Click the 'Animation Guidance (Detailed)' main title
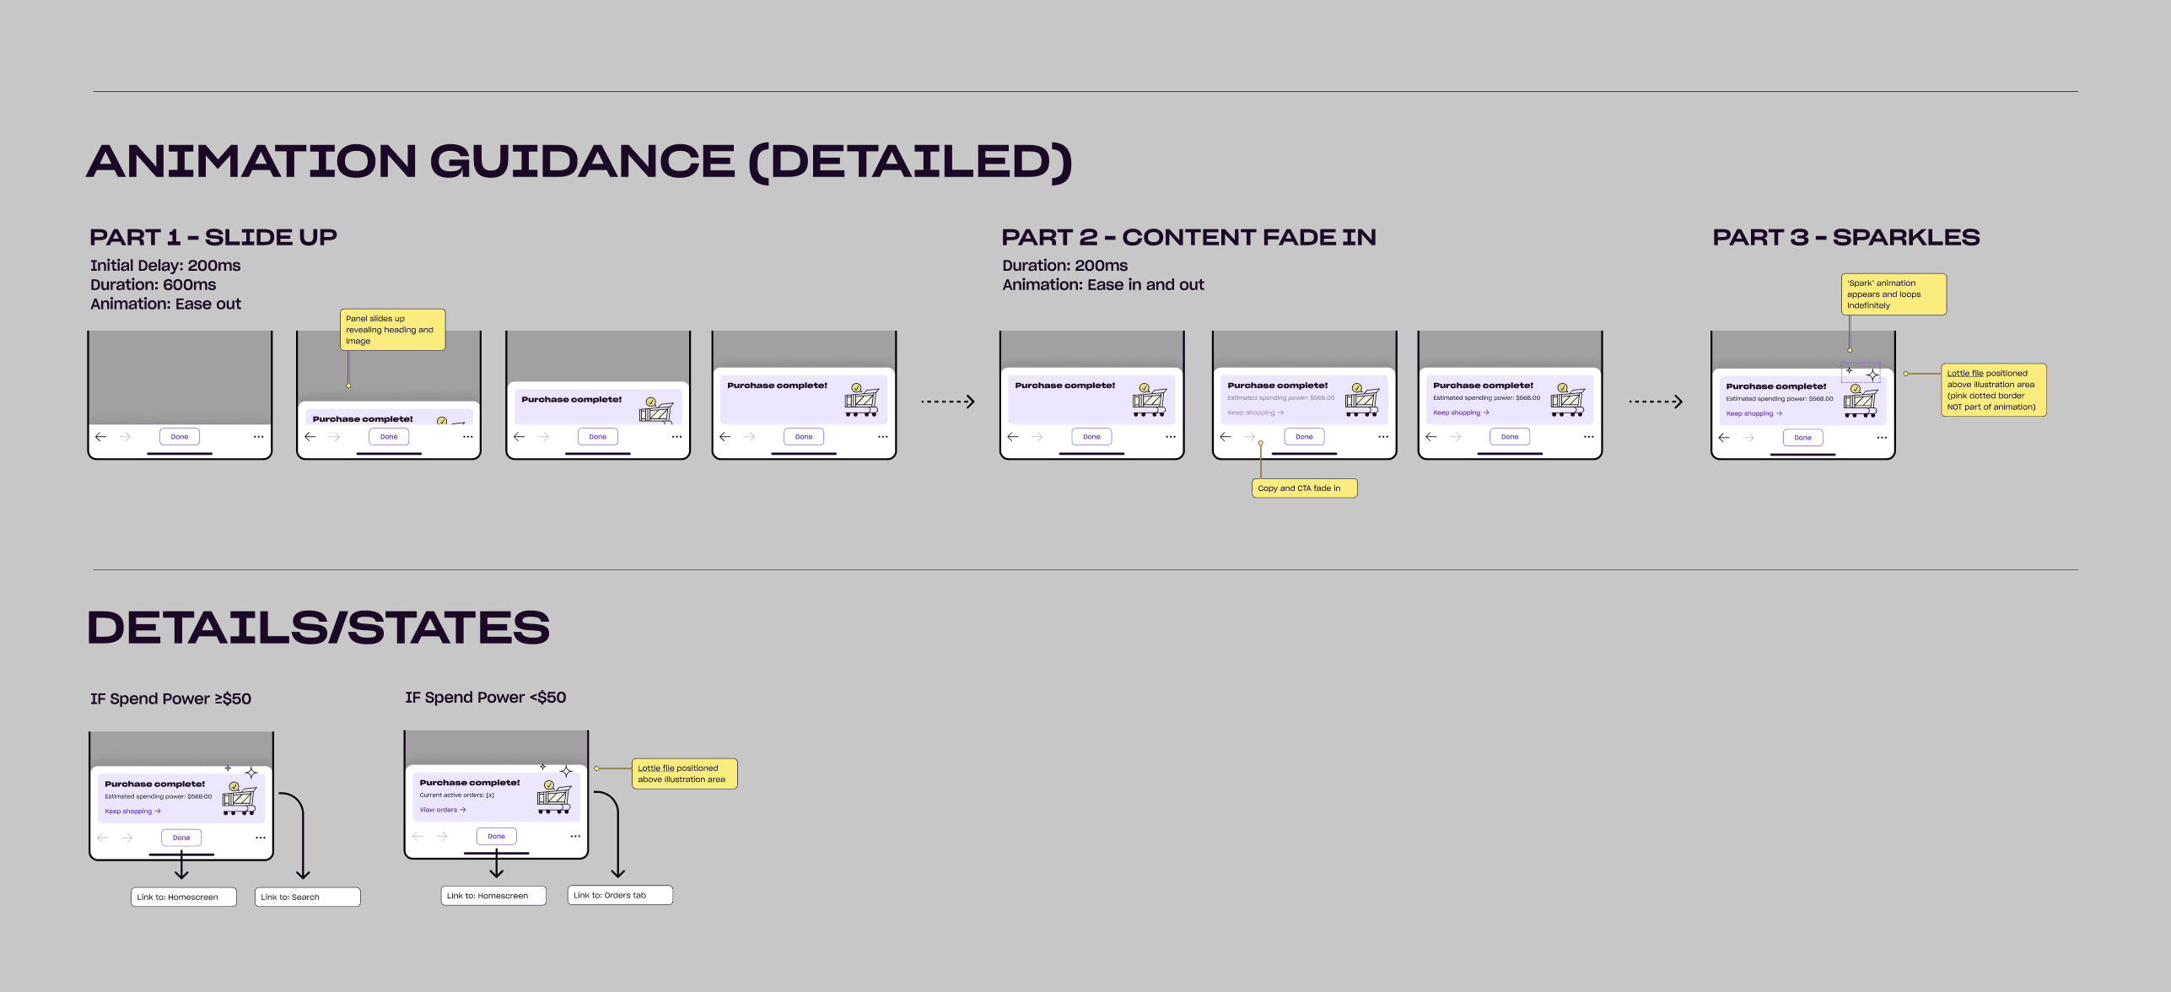[x=579, y=161]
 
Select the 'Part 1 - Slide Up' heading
[x=213, y=237]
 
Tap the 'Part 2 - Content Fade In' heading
[x=1188, y=237]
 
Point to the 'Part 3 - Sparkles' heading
[x=1845, y=237]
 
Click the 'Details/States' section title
[x=318, y=628]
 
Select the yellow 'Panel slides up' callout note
[x=392, y=330]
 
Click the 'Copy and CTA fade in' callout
[x=1303, y=488]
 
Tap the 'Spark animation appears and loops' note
[x=1893, y=294]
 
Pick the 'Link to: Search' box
[x=307, y=897]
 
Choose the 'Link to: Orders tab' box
[x=619, y=895]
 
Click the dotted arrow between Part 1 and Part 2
[x=947, y=402]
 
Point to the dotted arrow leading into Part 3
[x=1655, y=402]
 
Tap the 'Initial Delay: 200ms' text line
[x=165, y=266]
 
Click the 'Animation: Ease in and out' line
[x=1102, y=285]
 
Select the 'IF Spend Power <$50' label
[x=485, y=698]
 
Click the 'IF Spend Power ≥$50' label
[x=170, y=698]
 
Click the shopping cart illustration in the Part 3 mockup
[x=1860, y=402]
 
